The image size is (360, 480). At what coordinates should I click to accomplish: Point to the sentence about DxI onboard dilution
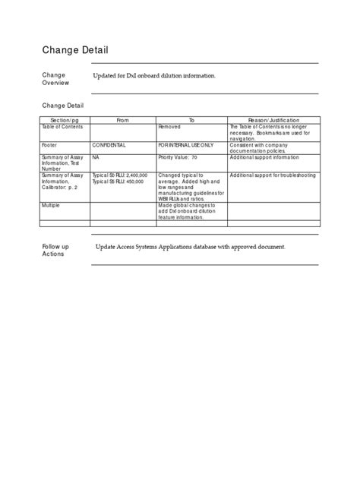[x=154, y=77]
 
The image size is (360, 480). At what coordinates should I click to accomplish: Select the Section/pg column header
[x=64, y=120]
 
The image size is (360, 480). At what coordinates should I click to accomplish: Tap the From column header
[x=122, y=120]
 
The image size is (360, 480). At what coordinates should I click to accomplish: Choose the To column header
[x=191, y=120]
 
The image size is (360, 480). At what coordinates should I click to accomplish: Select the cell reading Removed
[x=169, y=126]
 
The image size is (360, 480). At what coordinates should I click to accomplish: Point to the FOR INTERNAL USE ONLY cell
[x=186, y=144]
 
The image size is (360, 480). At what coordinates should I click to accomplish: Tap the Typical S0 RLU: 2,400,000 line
[x=119, y=175]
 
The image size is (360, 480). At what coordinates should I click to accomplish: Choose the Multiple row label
[x=52, y=204]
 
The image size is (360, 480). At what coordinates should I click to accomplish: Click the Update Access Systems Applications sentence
[x=190, y=248]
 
